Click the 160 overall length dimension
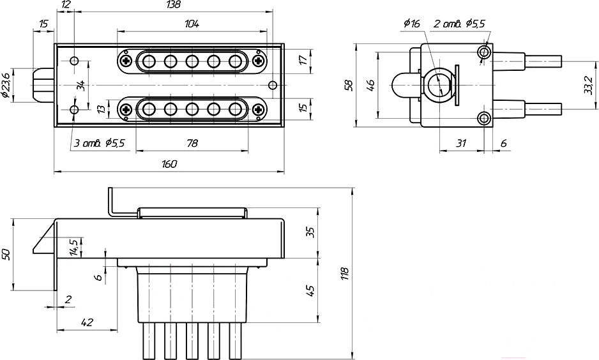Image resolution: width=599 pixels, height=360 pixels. [x=169, y=164]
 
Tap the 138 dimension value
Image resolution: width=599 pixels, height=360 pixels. [x=173, y=4]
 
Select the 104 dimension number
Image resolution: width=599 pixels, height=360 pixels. [x=192, y=24]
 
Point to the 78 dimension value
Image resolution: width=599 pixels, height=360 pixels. [x=192, y=143]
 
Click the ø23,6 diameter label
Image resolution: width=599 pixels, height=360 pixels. [x=6, y=86]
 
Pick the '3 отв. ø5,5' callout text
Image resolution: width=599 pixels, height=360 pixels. [x=99, y=143]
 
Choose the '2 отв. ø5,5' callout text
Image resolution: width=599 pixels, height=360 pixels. [x=459, y=24]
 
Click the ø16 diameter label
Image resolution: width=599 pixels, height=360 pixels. [x=411, y=24]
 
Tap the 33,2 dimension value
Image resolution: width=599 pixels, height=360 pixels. [x=589, y=85]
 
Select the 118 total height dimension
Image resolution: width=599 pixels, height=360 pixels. [x=345, y=273]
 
